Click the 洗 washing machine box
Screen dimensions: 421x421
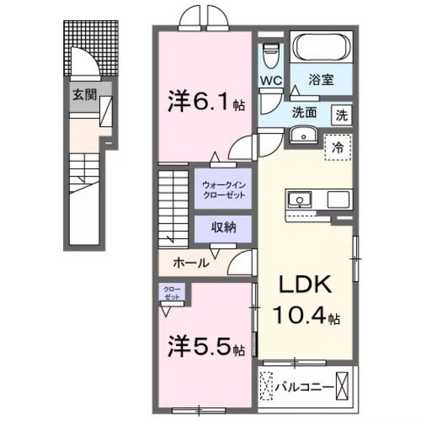click(341, 115)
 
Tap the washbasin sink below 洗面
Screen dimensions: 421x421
click(305, 135)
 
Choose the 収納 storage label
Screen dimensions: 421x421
click(223, 227)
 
